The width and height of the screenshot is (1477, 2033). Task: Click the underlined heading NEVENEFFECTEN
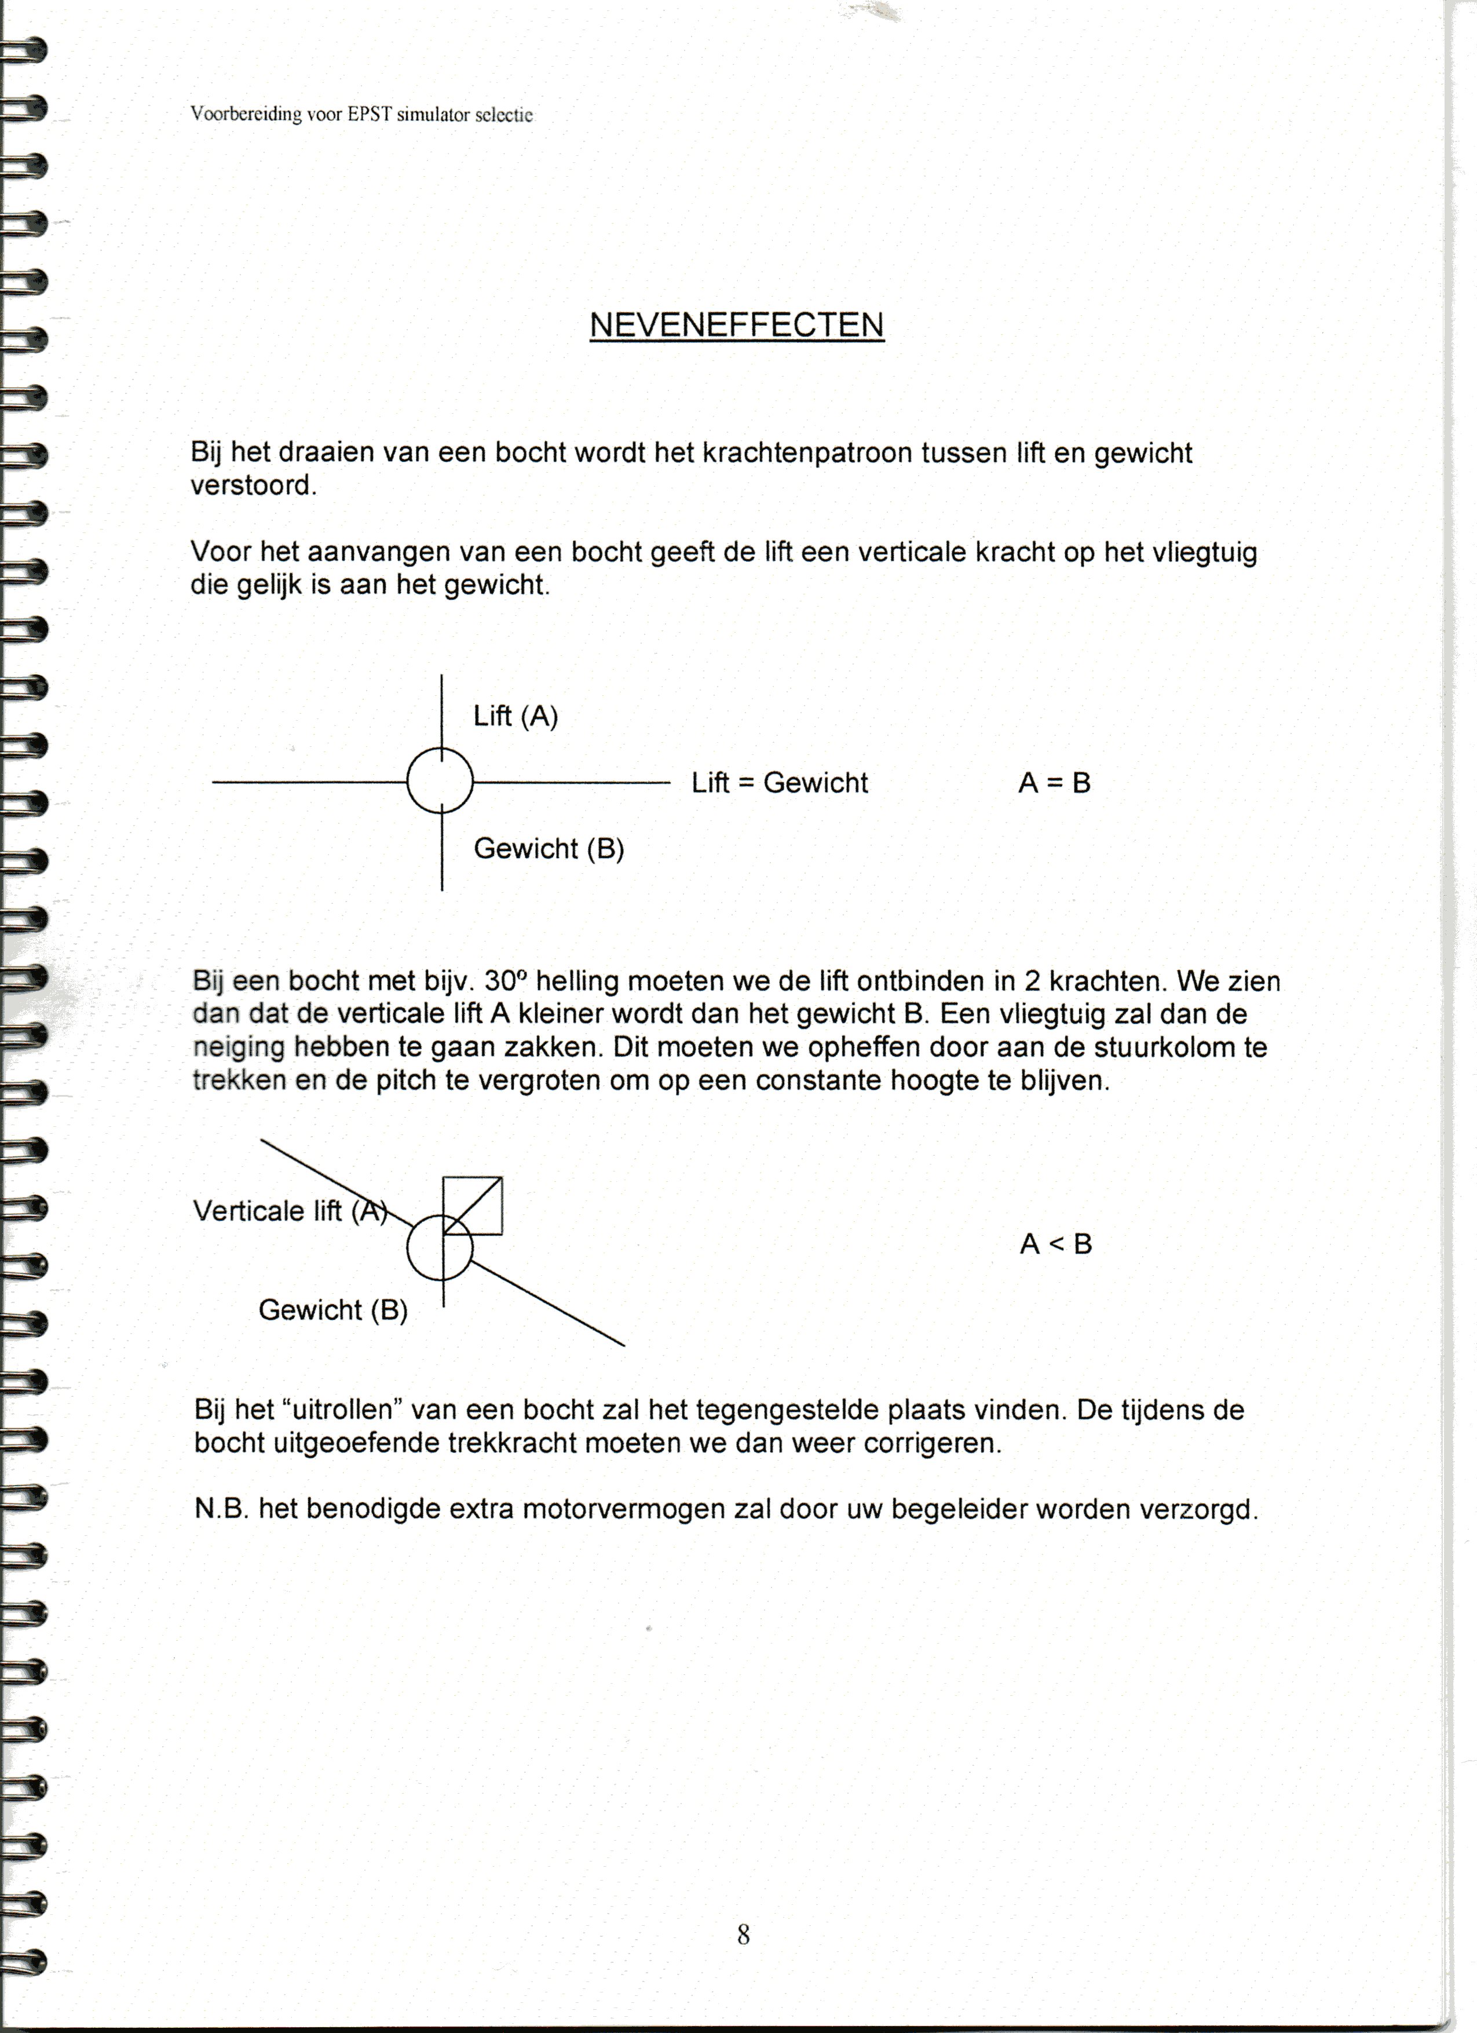(x=737, y=324)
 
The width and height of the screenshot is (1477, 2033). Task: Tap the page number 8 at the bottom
(x=743, y=1935)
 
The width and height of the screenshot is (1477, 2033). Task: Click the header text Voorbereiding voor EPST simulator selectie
(x=361, y=115)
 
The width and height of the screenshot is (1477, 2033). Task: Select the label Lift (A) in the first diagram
(x=516, y=716)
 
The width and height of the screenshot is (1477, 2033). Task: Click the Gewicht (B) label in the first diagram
(x=549, y=848)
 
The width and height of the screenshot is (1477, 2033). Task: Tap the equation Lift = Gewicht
(x=779, y=783)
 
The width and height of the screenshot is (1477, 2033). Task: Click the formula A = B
(x=1054, y=783)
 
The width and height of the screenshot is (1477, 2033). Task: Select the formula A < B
(x=1056, y=1244)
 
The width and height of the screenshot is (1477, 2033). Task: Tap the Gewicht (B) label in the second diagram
(x=332, y=1309)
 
